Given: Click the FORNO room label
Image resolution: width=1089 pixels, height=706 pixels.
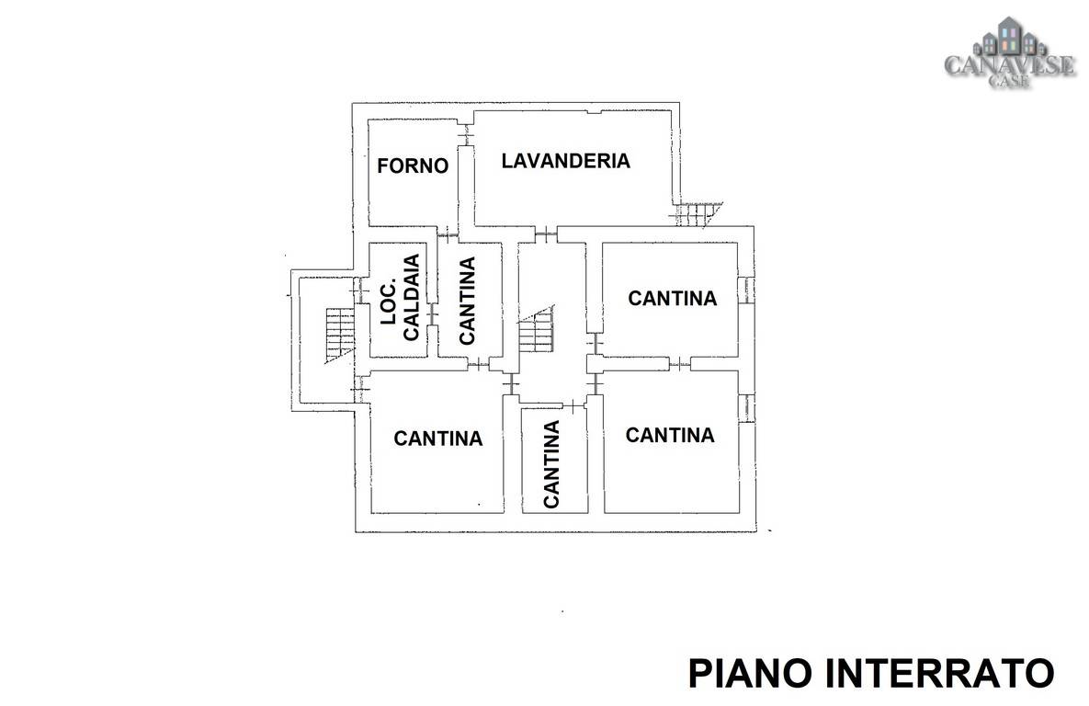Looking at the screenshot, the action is [413, 165].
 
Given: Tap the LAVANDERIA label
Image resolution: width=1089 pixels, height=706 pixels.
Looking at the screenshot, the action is [566, 161].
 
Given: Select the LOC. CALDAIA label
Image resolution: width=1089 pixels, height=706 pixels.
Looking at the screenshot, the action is [401, 298].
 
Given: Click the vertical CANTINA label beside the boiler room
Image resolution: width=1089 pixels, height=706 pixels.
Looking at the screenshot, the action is [467, 301].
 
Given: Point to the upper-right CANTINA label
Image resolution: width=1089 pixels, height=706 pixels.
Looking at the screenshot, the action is [673, 298].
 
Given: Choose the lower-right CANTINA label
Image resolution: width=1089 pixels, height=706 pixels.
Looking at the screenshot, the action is [670, 435].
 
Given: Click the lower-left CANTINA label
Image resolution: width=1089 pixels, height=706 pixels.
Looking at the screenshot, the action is [438, 438].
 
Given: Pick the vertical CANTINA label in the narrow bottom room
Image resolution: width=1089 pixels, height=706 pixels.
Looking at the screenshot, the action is [550, 464].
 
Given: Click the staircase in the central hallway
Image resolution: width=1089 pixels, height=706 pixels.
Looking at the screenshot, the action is [537, 329].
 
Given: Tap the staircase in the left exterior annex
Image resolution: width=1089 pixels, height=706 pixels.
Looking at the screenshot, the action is [340, 335].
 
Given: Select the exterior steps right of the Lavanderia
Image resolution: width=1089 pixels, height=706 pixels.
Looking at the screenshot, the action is [698, 214].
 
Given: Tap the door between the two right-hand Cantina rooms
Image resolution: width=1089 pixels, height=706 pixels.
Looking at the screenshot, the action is [680, 363].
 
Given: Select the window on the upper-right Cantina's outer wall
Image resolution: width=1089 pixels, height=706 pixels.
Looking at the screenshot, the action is [745, 290].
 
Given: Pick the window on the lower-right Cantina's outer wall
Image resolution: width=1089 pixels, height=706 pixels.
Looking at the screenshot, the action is [745, 408].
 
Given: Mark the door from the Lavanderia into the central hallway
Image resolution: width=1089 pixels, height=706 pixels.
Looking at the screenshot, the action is [546, 234].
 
